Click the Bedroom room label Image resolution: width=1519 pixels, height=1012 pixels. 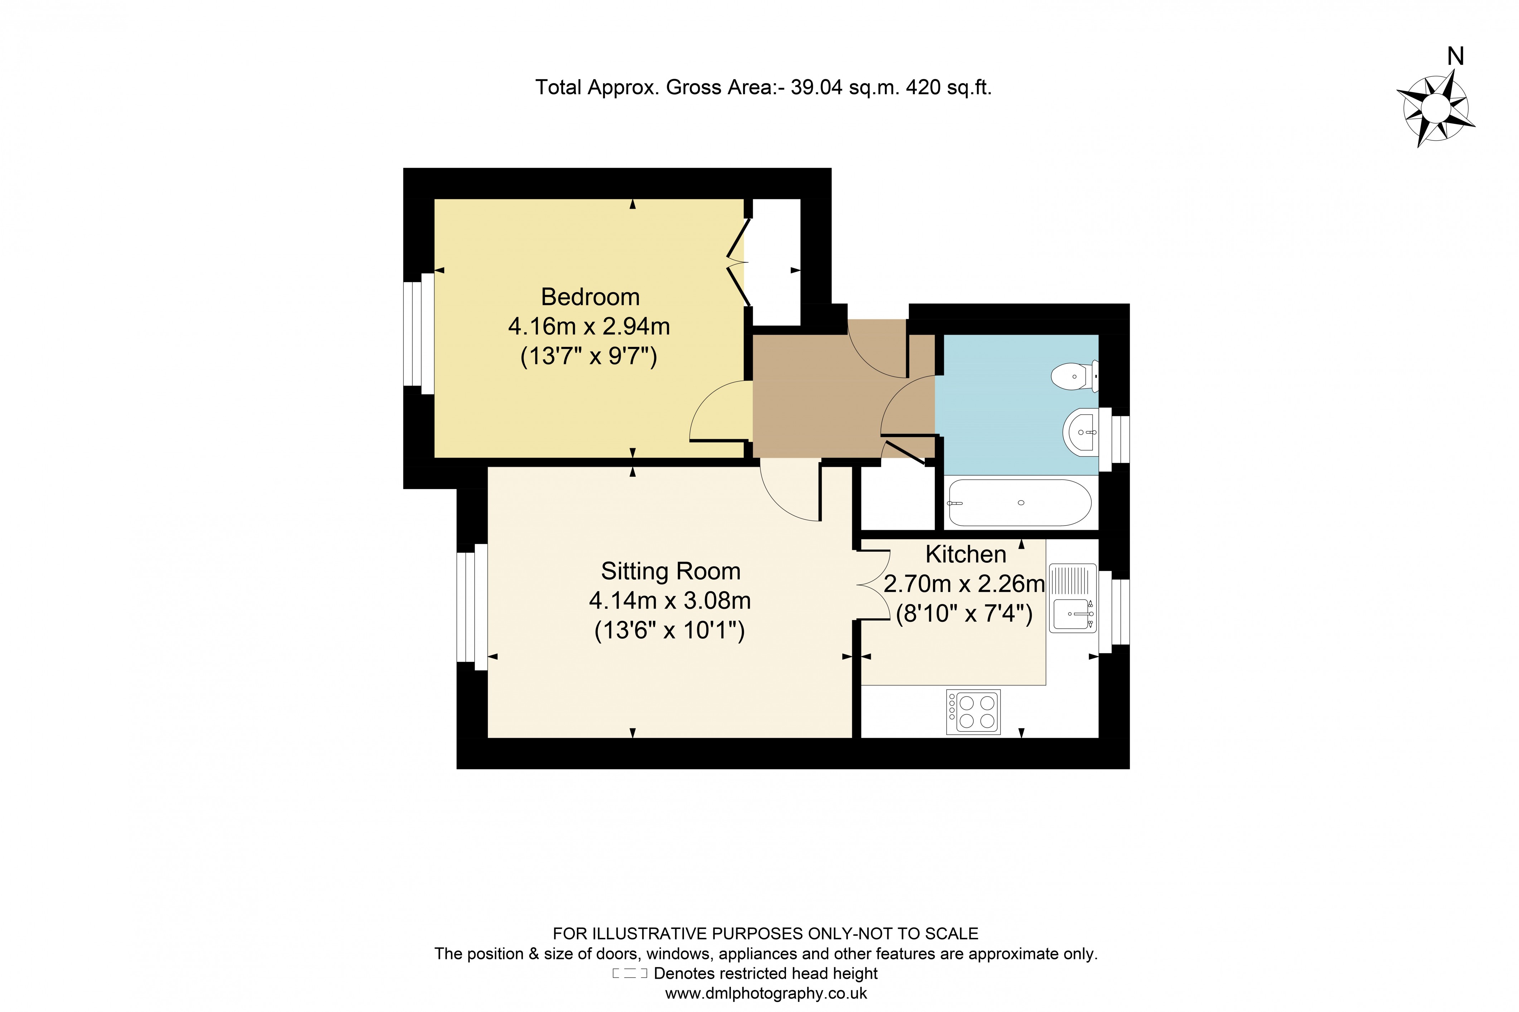click(590, 297)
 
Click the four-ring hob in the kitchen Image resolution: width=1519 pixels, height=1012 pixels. click(973, 712)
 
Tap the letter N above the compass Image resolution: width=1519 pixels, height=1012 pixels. click(1455, 57)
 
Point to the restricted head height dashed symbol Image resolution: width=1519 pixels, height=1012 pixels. click(629, 973)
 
